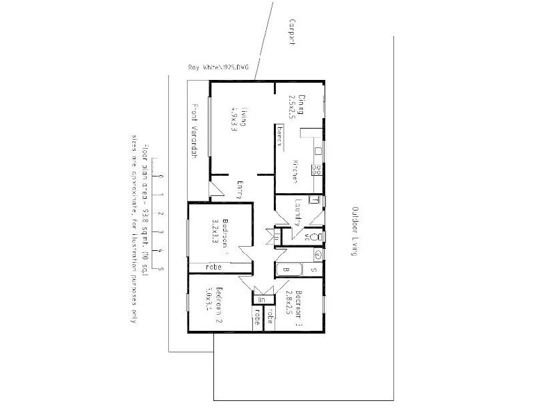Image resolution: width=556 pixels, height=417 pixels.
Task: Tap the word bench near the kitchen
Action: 279,137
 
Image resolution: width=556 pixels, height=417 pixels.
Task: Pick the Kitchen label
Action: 295,171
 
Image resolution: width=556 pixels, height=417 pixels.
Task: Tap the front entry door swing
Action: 217,188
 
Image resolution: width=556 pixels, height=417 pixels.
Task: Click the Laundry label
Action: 297,211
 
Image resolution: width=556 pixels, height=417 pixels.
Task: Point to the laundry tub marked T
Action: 315,200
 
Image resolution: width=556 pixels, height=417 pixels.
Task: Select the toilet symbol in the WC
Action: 317,237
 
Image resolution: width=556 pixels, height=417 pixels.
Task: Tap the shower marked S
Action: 313,270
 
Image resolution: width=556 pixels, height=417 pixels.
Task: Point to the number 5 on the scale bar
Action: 161,268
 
